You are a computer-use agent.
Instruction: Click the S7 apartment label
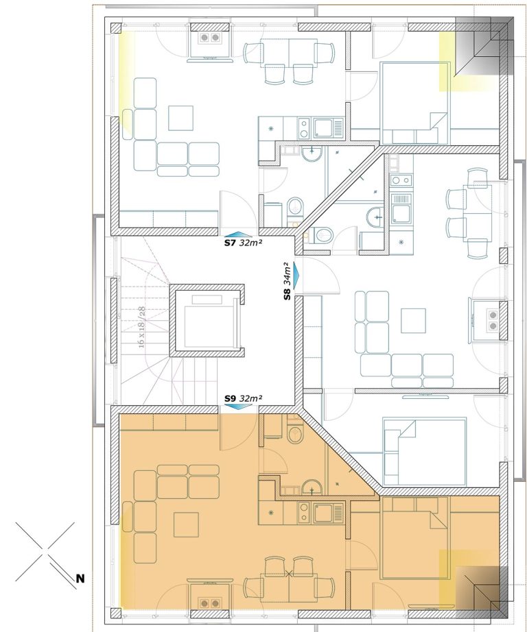(230, 243)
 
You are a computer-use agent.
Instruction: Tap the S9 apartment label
(230, 399)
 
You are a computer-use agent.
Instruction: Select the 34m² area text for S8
(287, 274)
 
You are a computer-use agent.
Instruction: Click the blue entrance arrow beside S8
(297, 276)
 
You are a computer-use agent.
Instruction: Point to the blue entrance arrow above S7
(238, 234)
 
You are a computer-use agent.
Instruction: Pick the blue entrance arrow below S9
(238, 407)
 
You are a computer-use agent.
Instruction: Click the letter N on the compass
(80, 579)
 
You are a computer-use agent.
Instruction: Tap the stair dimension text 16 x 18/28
(141, 327)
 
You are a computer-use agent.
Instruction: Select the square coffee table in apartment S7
(180, 118)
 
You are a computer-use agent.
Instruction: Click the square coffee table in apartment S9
(187, 525)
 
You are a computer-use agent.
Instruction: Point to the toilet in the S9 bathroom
(295, 435)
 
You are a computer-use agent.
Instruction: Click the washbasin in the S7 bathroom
(312, 154)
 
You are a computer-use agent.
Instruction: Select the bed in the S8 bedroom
(425, 452)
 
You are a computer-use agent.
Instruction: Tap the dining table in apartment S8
(478, 212)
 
